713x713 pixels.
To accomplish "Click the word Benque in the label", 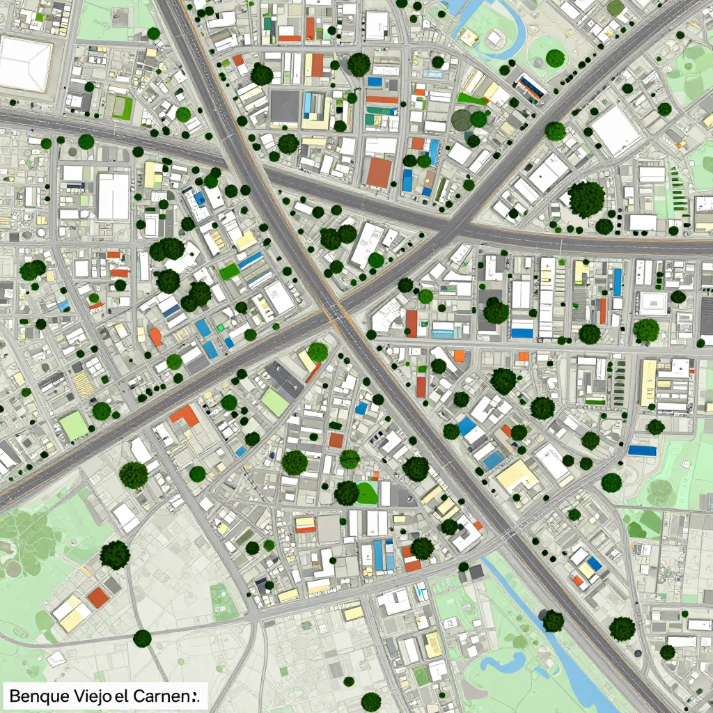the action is click(39, 696).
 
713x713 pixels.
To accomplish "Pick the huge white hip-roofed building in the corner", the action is click(25, 64).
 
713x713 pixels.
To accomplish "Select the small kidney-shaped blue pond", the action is click(503, 662).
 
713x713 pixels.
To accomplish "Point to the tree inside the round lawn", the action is click(555, 58).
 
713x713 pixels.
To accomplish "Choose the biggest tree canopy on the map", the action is click(586, 199).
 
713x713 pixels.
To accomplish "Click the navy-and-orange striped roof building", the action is click(532, 86).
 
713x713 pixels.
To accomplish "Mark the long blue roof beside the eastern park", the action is click(642, 450).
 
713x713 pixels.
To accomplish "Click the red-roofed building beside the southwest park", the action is click(98, 597).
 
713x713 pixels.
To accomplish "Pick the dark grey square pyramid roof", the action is click(284, 106).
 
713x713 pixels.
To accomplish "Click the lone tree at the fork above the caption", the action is click(142, 638).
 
